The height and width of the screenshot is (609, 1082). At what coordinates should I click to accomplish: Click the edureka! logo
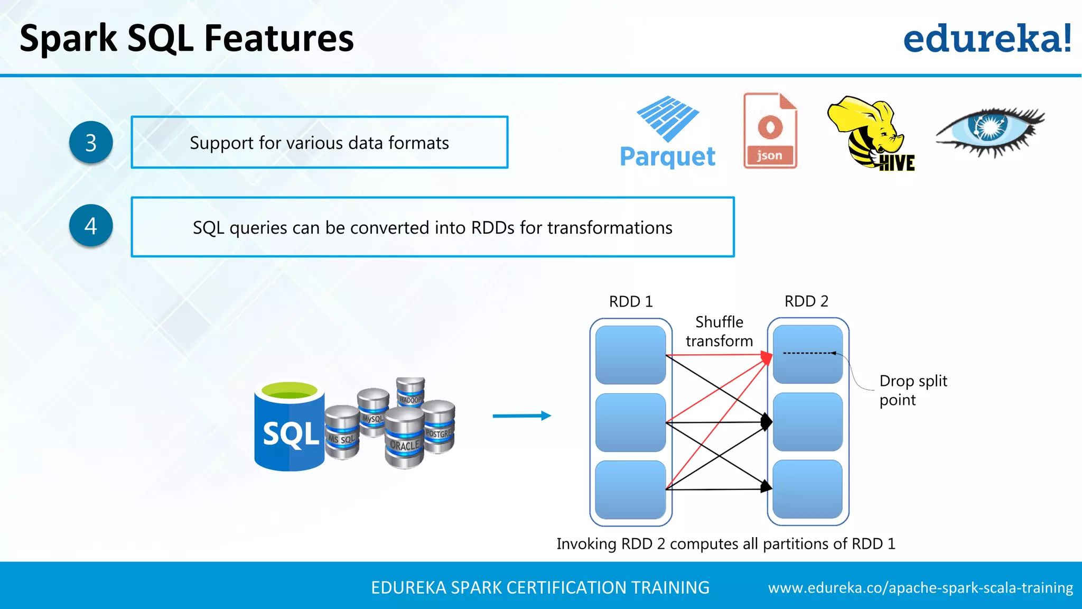coord(987,39)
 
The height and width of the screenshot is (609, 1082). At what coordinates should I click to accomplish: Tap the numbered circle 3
coord(91,143)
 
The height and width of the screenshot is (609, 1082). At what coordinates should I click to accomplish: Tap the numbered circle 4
coord(91,226)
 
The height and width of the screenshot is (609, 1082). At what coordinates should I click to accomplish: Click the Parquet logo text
coord(667,156)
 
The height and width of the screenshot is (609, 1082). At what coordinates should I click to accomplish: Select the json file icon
coord(770,131)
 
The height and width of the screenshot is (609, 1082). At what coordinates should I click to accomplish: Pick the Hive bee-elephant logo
coord(870,132)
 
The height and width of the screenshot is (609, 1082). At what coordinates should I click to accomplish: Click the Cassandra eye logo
coord(989,131)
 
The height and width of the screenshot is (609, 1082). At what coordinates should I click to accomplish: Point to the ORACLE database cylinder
coord(404,439)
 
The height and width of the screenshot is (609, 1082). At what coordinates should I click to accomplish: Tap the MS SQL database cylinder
coord(342,432)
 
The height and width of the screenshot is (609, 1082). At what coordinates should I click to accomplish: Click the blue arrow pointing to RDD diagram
coord(521,416)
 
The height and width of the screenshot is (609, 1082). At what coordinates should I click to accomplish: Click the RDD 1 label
coord(631,302)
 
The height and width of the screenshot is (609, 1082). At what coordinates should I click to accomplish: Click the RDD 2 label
coord(806,301)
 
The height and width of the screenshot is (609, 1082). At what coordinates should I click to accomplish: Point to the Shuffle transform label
coord(719,331)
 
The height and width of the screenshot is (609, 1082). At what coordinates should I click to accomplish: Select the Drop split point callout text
coord(913,390)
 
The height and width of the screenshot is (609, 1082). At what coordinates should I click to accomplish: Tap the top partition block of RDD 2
coord(807,354)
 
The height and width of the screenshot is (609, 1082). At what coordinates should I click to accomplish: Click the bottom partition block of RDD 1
coord(630,490)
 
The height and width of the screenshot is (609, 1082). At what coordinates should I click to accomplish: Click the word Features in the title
coord(278,39)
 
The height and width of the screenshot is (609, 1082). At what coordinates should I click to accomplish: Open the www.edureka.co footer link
coord(920,588)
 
